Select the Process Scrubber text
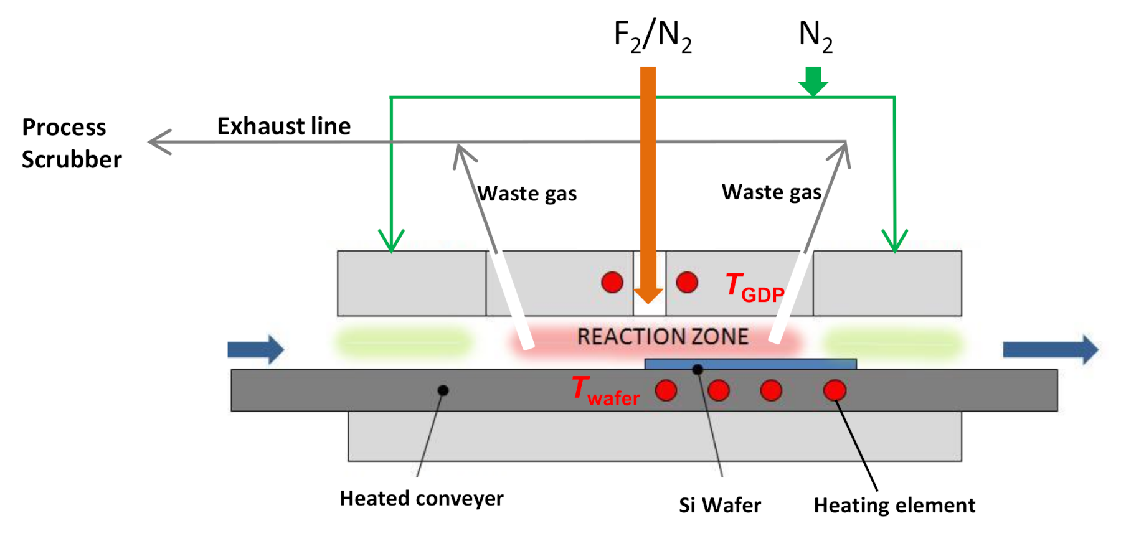click(x=71, y=143)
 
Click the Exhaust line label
click(x=284, y=126)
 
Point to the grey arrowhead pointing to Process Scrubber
click(x=160, y=142)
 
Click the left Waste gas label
click(x=527, y=194)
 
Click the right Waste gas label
click(x=771, y=192)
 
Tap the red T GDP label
click(x=754, y=288)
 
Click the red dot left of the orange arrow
click(x=612, y=282)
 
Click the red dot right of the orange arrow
click(x=687, y=282)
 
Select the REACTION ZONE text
click(x=663, y=337)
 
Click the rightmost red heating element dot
click(x=835, y=390)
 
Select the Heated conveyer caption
click(x=421, y=499)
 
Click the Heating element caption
click(x=894, y=505)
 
